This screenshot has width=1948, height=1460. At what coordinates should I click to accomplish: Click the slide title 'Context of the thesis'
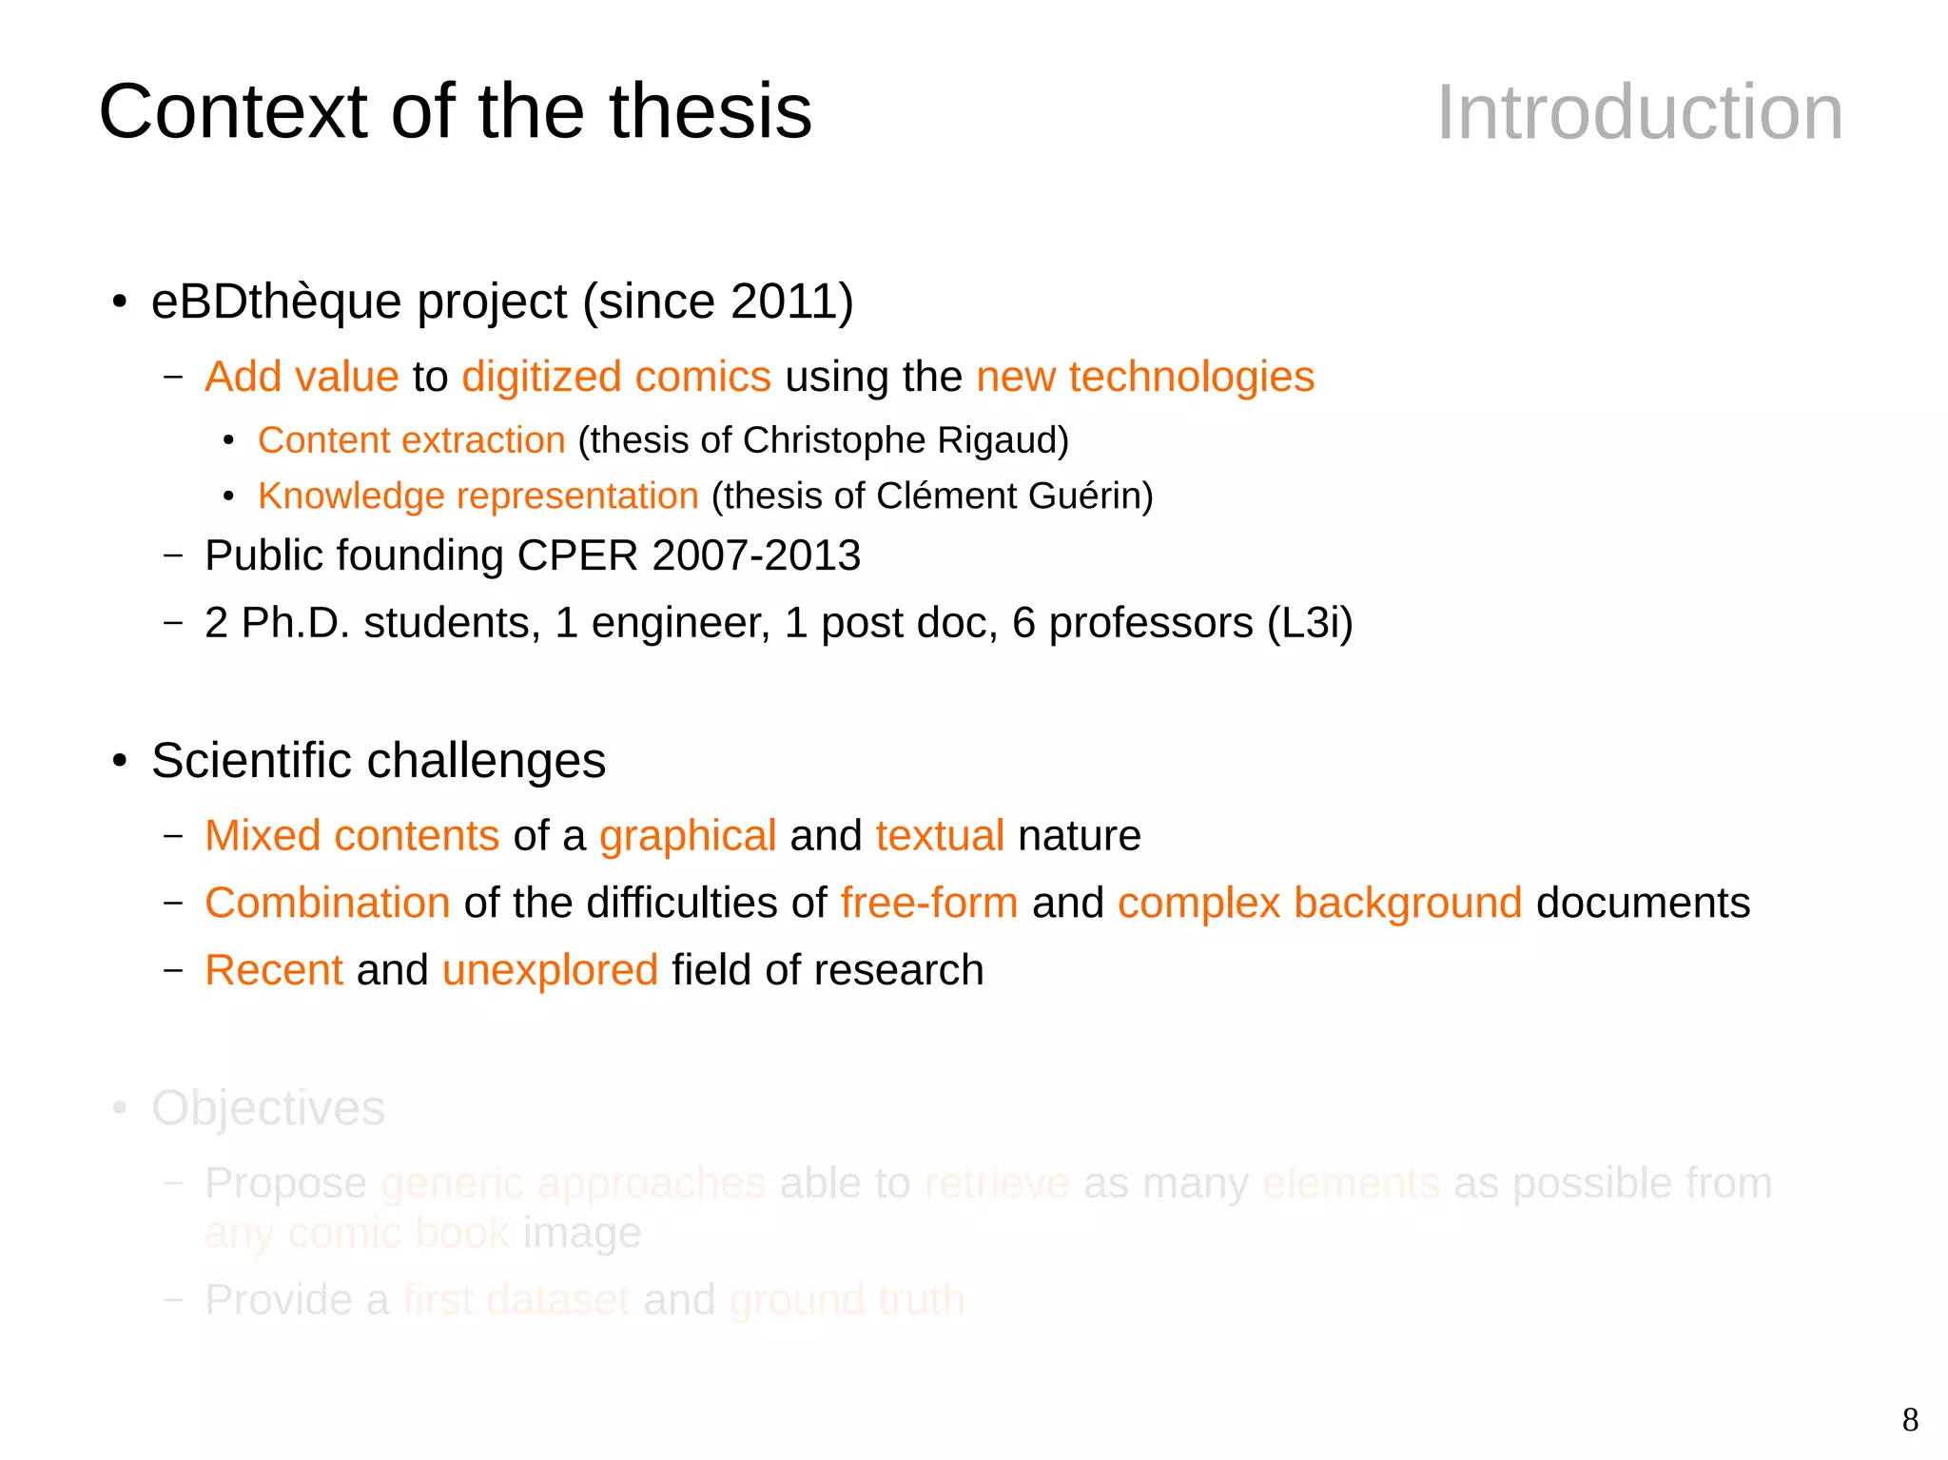455,111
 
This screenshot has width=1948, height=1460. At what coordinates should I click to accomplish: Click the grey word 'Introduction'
1639,113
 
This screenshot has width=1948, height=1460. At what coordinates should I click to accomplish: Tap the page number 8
1910,1420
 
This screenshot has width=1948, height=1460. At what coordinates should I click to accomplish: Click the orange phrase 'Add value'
302,377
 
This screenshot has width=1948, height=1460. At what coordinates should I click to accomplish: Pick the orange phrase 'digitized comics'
615,377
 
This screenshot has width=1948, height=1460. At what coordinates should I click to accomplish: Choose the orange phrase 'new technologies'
1144,377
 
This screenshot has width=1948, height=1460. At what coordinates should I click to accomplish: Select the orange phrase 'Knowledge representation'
478,496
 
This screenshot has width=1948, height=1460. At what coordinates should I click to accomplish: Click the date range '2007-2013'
756,555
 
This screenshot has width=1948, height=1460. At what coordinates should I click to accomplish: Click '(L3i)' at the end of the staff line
1310,623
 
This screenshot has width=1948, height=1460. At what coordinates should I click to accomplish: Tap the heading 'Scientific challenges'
378,761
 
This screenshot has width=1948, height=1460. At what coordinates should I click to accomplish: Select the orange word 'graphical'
688,836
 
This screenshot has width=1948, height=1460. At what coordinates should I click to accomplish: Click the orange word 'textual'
940,836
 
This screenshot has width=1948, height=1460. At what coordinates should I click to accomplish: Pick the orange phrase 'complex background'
1319,903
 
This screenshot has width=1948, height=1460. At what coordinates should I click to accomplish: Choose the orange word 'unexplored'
550,970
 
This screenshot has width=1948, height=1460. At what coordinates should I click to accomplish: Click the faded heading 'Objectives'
268,1108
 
